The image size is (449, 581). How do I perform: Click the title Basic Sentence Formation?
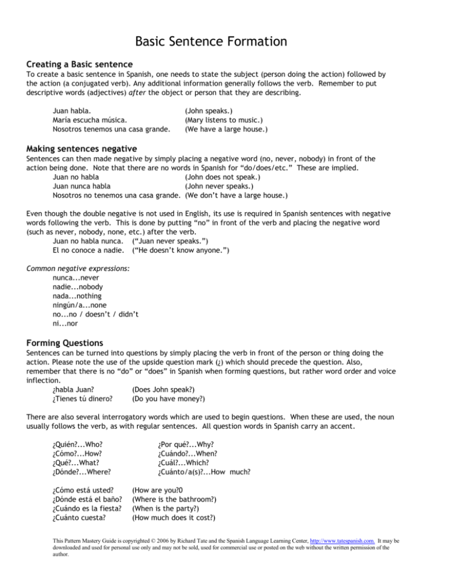pyautogui.click(x=224, y=41)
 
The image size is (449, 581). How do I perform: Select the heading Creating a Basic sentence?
pyautogui.click(x=88, y=63)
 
